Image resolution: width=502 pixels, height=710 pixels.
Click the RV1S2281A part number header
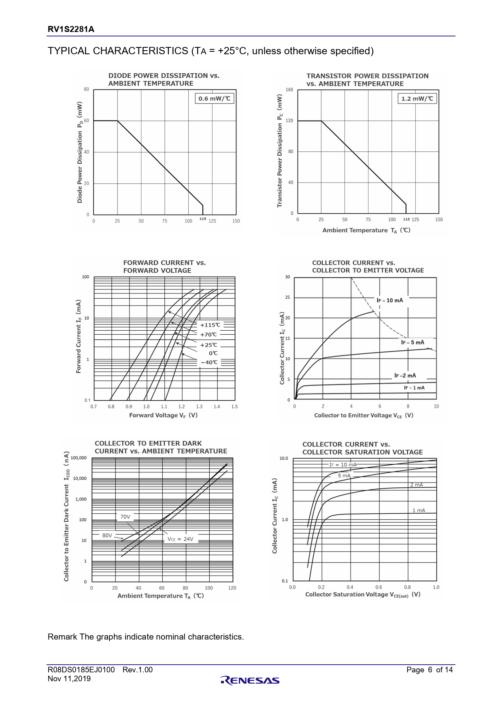71,29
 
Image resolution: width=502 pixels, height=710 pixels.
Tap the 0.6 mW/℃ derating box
214,98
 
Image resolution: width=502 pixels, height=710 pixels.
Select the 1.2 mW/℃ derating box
417,98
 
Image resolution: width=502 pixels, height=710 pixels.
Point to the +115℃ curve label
210,325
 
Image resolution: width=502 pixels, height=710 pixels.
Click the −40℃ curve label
209,362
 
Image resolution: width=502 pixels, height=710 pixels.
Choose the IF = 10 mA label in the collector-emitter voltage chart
389,300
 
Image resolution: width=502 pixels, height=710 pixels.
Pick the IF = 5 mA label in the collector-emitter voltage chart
413,342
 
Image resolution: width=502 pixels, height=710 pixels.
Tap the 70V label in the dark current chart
125,517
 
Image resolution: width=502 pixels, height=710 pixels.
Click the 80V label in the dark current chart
107,535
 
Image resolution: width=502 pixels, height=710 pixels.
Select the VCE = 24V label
181,539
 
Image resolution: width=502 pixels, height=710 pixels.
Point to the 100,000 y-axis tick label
79,458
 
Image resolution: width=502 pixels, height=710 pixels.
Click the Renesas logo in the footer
250,680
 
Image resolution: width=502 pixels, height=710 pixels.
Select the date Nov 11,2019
69,679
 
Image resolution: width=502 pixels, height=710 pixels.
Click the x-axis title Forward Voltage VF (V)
163,415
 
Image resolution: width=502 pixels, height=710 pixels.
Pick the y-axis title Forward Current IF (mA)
79,336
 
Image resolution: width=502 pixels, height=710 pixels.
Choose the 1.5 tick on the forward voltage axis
234,406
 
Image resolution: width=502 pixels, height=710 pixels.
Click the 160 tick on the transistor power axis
289,89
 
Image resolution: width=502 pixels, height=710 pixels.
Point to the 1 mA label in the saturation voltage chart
419,510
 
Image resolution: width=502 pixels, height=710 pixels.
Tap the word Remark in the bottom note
62,637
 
